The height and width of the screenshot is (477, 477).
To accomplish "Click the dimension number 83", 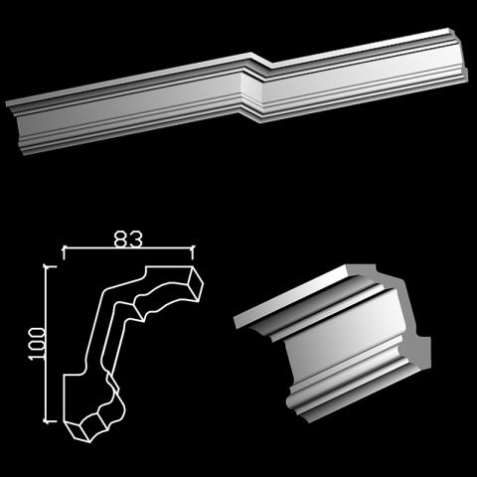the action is coord(128,239).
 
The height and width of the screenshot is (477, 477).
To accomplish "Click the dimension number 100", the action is coord(37,344).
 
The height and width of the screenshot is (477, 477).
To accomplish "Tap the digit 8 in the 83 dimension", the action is coord(120,239).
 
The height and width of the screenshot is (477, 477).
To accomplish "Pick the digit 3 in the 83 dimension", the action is coord(136,239).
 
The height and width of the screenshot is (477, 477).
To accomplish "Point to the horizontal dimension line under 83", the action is coord(128,247).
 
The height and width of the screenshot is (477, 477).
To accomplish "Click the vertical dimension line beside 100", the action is coord(47,344).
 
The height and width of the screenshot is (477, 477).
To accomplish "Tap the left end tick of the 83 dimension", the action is coord(64,252).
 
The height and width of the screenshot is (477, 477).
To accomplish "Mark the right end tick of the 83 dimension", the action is coord(193,252).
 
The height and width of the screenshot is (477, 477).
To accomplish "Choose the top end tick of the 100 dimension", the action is coord(50,266).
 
